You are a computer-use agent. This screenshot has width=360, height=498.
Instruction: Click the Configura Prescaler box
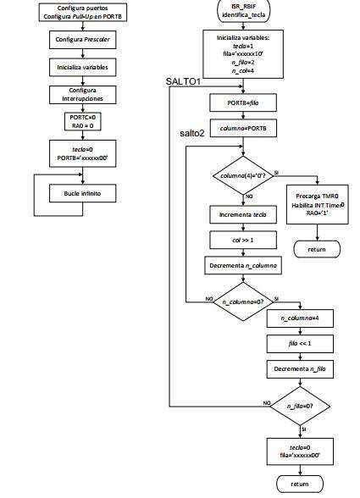pyautogui.click(x=83, y=40)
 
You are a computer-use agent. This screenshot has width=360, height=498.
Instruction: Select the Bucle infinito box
pyautogui.click(x=83, y=193)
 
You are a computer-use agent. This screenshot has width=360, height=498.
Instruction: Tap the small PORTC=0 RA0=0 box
pyautogui.click(x=83, y=122)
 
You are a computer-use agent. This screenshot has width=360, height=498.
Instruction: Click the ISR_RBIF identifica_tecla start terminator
pyautogui.click(x=243, y=11)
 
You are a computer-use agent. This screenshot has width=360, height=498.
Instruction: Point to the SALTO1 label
pyautogui.click(x=183, y=81)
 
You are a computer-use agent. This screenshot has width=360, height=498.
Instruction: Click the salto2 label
pyautogui.click(x=192, y=133)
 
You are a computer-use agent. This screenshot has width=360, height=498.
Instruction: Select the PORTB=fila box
pyautogui.click(x=243, y=103)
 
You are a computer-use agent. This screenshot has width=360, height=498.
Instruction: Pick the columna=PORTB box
pyautogui.click(x=243, y=129)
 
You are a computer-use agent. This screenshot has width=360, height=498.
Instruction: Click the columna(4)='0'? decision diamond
pyautogui.click(x=243, y=175)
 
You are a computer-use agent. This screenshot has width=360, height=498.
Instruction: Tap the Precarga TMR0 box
pyautogui.click(x=317, y=205)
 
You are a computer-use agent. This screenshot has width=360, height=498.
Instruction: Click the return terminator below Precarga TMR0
pyautogui.click(x=317, y=249)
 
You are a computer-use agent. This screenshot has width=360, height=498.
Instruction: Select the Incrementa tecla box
pyautogui.click(x=243, y=215)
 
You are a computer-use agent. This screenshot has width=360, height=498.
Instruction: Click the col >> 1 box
pyautogui.click(x=243, y=241)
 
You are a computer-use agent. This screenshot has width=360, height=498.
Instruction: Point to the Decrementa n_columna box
pyautogui.click(x=243, y=266)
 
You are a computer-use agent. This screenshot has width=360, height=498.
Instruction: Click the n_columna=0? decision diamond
pyautogui.click(x=243, y=302)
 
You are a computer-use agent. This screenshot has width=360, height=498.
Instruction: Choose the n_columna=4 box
pyautogui.click(x=300, y=318)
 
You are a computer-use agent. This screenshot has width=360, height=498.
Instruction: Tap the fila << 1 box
pyautogui.click(x=300, y=344)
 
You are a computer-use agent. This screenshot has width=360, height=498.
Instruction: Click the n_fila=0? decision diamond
pyautogui.click(x=300, y=407)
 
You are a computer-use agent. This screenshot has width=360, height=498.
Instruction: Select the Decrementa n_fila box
pyautogui.click(x=300, y=369)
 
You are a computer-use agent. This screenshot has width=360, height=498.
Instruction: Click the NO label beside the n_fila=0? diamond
pyautogui.click(x=267, y=403)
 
